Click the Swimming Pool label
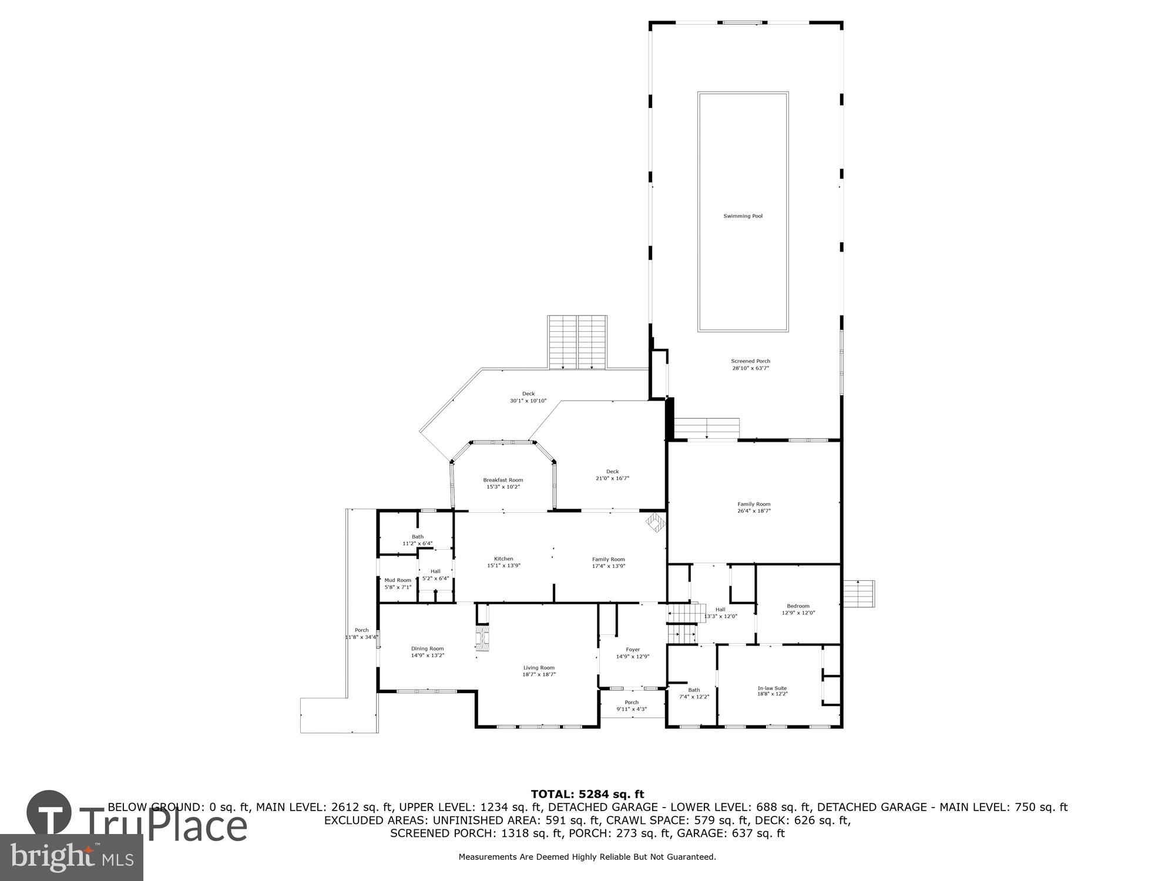(x=743, y=216)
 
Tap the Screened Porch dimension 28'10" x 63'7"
(x=750, y=368)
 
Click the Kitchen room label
(x=503, y=559)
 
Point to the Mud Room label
(x=398, y=580)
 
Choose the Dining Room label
(x=427, y=648)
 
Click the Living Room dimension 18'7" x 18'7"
(x=539, y=675)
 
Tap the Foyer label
(x=633, y=650)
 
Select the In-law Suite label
(x=772, y=688)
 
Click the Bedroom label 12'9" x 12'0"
(x=798, y=609)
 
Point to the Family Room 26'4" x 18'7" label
(x=754, y=507)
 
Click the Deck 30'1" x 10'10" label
(x=528, y=397)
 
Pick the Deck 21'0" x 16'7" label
(x=612, y=475)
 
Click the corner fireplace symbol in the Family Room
(x=654, y=522)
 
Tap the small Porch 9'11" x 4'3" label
(x=632, y=705)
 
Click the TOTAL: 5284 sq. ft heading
(x=587, y=795)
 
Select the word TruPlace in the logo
(x=163, y=825)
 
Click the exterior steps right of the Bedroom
(x=858, y=594)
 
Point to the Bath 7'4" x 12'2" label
(x=694, y=693)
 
